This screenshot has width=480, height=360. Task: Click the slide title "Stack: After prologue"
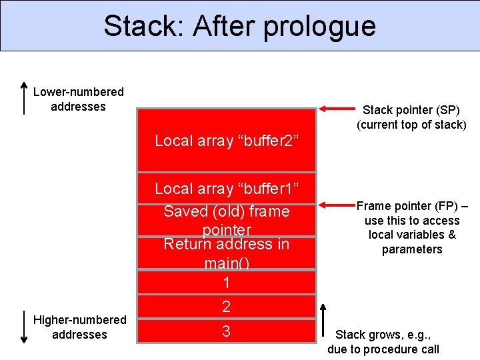click(239, 26)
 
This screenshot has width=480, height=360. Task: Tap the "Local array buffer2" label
click(226, 141)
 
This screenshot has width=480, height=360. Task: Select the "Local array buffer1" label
click(226, 189)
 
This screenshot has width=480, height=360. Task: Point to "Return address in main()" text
click(226, 253)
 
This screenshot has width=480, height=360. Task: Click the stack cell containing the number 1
click(226, 283)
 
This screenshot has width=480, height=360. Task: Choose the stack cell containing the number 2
click(226, 307)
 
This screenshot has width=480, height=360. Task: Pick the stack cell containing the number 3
click(226, 331)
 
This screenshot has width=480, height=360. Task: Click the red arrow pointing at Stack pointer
click(337, 109)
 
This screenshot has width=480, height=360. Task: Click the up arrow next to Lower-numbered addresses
click(24, 99)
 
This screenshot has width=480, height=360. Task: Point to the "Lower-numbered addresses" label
click(78, 99)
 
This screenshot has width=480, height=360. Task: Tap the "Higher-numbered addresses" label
click(79, 327)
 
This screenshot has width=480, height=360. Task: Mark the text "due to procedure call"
click(383, 349)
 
